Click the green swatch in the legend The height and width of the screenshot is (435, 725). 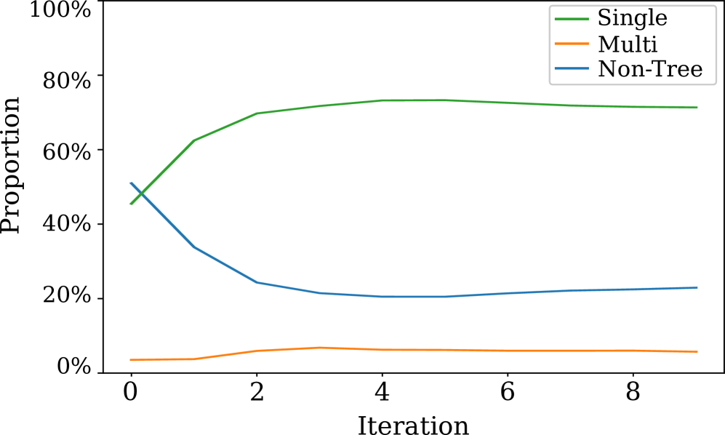[x=572, y=19]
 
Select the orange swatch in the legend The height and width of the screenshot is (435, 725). [x=572, y=44]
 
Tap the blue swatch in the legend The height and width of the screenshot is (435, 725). [x=572, y=68]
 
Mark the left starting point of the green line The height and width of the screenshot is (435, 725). [x=130, y=204]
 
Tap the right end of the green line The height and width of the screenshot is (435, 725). [x=697, y=108]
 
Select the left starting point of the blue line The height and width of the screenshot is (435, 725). [x=130, y=183]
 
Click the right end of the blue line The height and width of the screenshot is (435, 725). [x=697, y=287]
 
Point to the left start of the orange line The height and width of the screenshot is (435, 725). [x=130, y=359]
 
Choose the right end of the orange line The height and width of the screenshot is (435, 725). [x=697, y=351]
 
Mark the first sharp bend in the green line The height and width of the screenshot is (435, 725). [x=194, y=140]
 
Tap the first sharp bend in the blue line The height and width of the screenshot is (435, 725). [x=194, y=247]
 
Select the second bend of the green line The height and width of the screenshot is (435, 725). [x=257, y=113]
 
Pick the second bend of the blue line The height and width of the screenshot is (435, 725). [x=257, y=282]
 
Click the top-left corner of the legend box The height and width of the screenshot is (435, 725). [x=550, y=6]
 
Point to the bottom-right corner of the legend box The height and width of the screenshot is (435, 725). [x=716, y=84]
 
